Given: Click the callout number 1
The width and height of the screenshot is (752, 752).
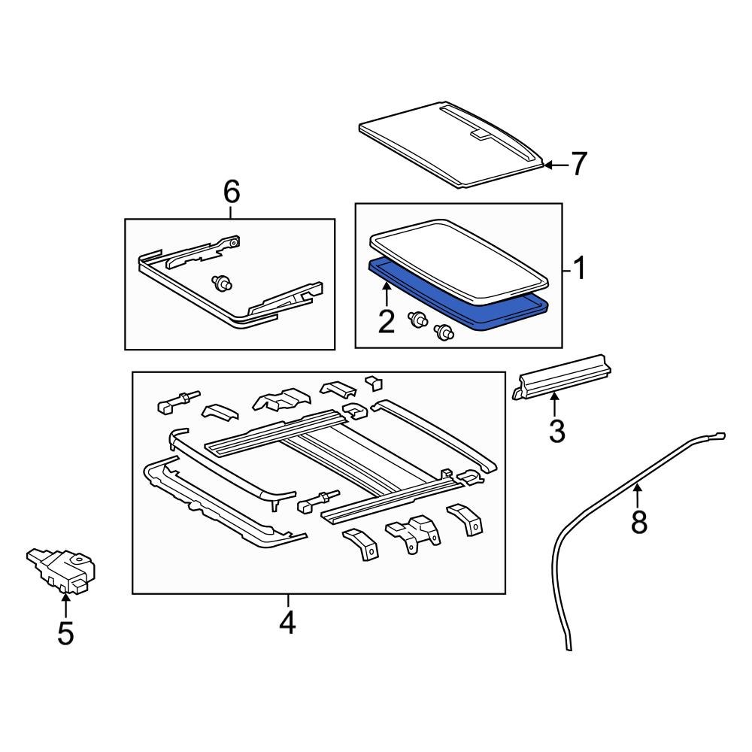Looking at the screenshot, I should [579, 268].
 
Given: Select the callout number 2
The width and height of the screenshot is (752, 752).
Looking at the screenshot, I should [386, 321].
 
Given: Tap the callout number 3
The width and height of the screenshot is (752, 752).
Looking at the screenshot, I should [556, 431].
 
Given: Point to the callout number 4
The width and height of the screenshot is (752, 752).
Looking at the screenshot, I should [287, 623].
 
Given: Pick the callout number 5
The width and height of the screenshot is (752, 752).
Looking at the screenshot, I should [65, 633].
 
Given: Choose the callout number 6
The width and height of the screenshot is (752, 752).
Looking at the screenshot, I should [231, 193].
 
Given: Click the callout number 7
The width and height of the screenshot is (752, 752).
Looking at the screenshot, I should [578, 164].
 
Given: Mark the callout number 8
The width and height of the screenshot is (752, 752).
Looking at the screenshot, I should [638, 521].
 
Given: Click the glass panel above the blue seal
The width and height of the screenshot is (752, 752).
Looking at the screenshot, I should [459, 256].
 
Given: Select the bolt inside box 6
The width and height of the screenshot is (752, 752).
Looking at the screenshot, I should [223, 284].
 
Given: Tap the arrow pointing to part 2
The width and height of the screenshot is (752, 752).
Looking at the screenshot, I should [386, 294].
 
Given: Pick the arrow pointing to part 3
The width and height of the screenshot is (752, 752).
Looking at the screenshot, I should [555, 405].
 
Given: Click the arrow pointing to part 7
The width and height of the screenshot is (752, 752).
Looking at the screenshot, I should [553, 164].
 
